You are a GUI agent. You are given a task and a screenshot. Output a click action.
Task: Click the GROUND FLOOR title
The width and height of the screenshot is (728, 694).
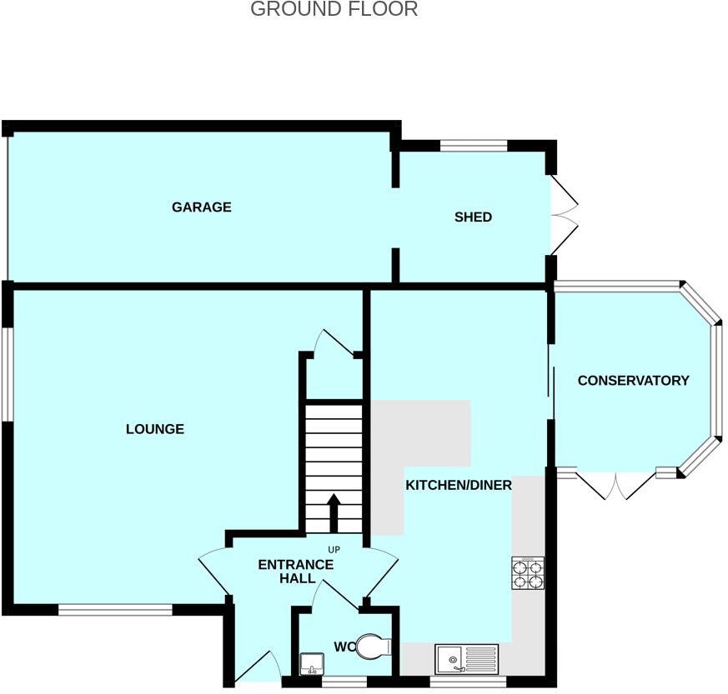(x=334, y=10)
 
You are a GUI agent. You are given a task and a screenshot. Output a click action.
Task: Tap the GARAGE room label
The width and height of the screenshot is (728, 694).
(x=201, y=207)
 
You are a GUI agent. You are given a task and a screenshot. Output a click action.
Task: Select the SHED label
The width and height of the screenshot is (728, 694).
(x=473, y=217)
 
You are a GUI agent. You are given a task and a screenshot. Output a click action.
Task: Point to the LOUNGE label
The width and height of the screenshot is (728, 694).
(x=155, y=429)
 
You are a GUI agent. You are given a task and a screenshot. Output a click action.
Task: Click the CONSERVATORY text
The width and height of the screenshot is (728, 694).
(x=633, y=380)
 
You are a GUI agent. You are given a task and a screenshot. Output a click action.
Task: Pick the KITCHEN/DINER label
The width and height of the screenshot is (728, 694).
(x=458, y=485)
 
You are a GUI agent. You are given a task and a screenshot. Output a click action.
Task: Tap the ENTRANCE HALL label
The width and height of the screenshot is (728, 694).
(x=295, y=571)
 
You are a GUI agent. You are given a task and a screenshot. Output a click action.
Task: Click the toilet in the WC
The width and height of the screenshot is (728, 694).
(x=373, y=647)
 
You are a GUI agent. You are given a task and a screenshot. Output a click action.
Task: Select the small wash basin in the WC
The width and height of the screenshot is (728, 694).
(x=311, y=663)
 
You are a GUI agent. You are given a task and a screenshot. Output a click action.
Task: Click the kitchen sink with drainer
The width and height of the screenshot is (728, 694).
(x=466, y=659)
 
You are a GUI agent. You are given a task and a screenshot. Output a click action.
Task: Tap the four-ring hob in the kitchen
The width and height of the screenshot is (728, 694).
(x=527, y=572)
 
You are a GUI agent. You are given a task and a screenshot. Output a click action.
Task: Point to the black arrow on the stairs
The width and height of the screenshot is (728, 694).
(x=333, y=512)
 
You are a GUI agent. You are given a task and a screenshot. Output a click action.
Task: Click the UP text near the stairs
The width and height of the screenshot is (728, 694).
(x=334, y=550)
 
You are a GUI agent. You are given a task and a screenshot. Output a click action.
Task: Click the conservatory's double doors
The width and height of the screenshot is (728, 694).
(x=616, y=486)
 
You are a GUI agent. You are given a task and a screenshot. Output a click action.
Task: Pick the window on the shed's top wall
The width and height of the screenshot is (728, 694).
(x=474, y=146)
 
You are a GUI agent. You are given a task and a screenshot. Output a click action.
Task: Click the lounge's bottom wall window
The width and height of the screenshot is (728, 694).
(x=115, y=610)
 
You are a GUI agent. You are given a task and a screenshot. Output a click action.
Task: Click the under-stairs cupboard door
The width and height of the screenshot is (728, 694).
(x=335, y=343)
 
